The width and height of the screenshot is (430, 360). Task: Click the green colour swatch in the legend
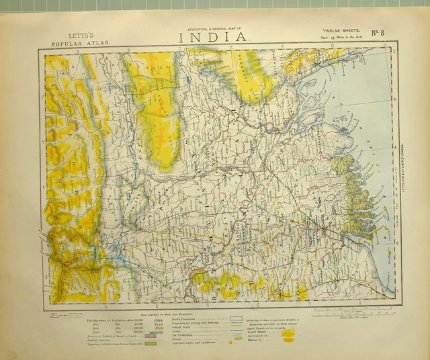click(150, 343)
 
